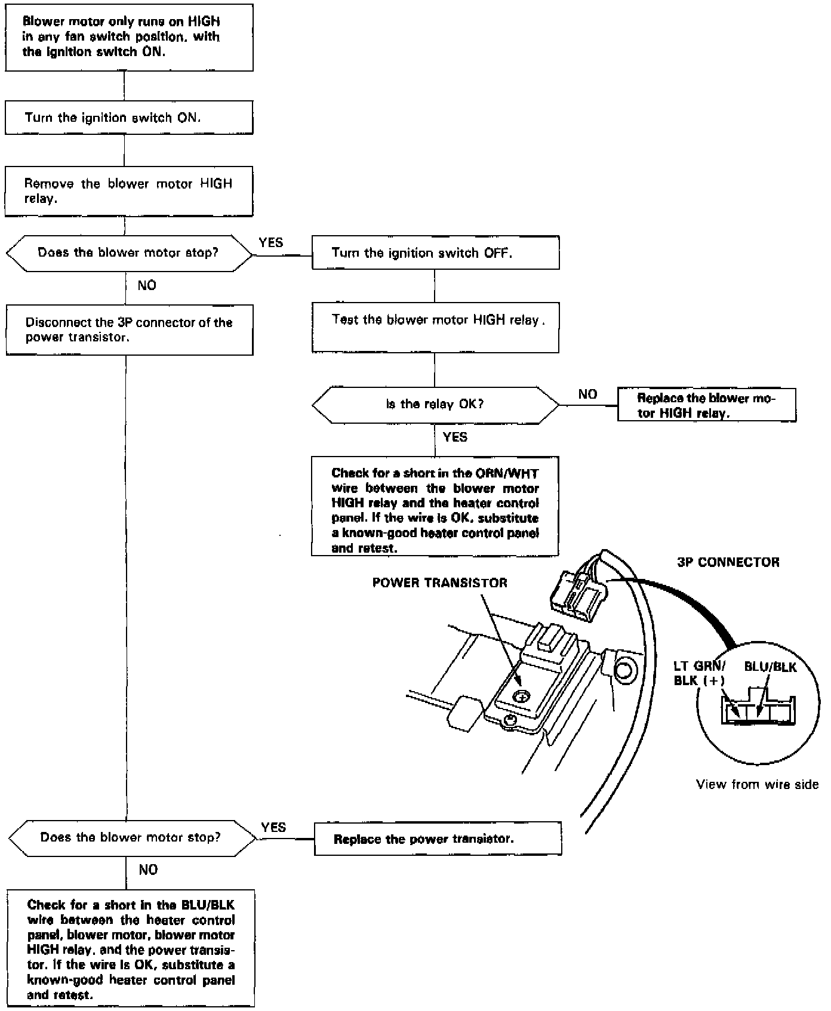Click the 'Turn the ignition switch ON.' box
129,118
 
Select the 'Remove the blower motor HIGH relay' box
129,191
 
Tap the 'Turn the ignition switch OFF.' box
436,252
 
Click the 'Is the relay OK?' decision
435,404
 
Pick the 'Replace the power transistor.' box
438,839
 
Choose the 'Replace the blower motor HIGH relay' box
706,405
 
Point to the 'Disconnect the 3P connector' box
130,329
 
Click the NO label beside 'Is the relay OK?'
587,394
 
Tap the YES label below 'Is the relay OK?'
455,437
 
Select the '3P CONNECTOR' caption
728,562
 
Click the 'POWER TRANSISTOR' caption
440,583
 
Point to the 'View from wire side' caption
757,784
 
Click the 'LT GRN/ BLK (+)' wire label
699,674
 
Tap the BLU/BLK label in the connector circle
770,667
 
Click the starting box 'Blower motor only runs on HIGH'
129,37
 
